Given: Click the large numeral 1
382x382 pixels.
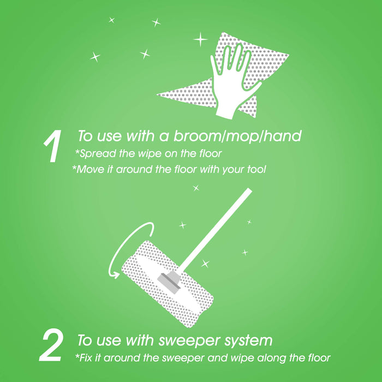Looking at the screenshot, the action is pos(53,146).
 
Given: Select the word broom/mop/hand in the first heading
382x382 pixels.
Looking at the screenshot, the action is pos(237,136).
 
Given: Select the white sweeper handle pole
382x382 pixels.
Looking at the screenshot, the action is pos(215,230).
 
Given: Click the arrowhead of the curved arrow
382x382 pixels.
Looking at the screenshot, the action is pos(115,275).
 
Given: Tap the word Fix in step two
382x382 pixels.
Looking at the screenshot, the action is pos(84,357).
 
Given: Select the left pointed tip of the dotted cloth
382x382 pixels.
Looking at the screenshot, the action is pos(158,94).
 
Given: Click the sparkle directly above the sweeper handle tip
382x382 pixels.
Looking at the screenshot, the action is pos(196,188).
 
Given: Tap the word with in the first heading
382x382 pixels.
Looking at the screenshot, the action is pos(141,136).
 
